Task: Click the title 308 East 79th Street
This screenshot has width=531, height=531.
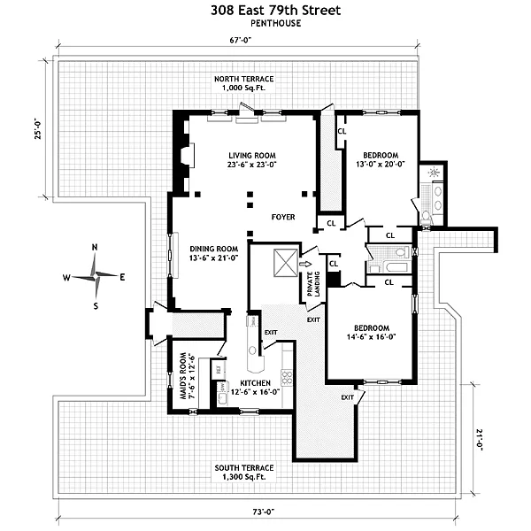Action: point(265,11)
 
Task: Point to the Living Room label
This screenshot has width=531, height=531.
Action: point(251,159)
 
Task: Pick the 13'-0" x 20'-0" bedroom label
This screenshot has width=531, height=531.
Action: point(381,158)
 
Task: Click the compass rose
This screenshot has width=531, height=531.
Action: point(94,276)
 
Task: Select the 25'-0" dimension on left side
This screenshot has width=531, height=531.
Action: point(38,131)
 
